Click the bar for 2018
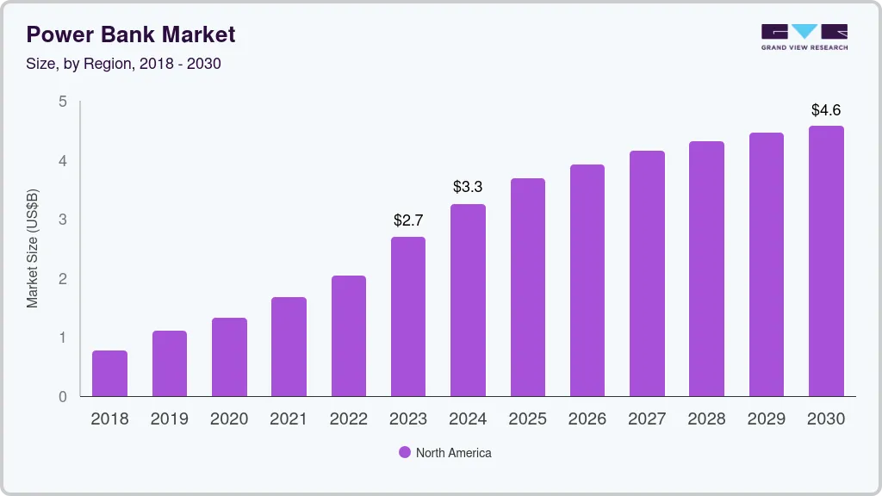[109, 374]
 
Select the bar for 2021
[289, 347]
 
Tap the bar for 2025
[527, 288]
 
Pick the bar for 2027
[647, 274]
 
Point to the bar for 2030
[826, 262]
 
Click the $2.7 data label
[408, 220]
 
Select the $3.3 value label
[468, 187]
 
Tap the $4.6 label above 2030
[826, 110]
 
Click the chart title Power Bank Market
[130, 34]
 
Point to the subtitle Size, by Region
[123, 64]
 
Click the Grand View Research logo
[804, 36]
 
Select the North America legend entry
[444, 452]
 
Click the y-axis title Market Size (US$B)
[32, 248]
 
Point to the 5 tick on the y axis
[62, 102]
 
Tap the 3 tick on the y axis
[62, 220]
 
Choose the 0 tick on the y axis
[62, 397]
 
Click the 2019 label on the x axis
[169, 419]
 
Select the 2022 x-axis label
[348, 419]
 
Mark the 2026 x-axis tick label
[587, 419]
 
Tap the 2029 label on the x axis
[767, 419]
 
